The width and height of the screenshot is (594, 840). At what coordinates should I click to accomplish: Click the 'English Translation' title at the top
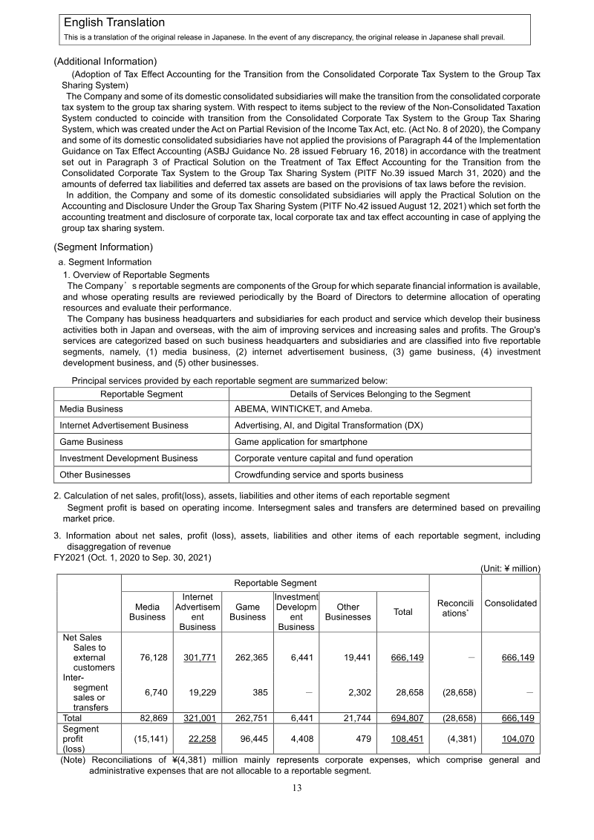[114, 23]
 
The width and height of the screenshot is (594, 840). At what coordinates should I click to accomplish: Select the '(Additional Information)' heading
[105, 61]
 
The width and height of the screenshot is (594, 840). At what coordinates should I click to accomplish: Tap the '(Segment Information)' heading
[103, 247]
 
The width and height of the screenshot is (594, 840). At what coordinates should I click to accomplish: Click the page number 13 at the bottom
[296, 788]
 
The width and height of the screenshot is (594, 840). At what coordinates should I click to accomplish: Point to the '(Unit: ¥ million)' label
[510, 568]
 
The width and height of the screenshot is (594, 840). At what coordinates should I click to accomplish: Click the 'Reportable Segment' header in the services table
[141, 394]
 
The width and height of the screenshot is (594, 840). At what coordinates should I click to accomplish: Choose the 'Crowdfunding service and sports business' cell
[319, 475]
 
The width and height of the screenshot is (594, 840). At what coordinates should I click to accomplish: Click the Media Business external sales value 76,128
[150, 657]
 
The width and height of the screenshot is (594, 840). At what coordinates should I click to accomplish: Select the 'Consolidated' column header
[510, 603]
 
